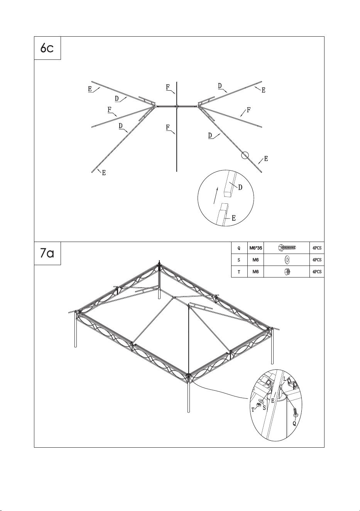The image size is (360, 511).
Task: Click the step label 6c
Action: [47, 48]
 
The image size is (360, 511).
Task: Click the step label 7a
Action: [47, 253]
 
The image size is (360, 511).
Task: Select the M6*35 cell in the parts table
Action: [255, 248]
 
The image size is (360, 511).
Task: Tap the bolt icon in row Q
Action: [287, 247]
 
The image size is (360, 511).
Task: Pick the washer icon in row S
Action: [287, 260]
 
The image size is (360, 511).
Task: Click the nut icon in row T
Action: [287, 271]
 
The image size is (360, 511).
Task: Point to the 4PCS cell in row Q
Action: [317, 248]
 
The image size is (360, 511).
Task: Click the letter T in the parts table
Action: [239, 272]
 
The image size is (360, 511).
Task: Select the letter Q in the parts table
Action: [239, 248]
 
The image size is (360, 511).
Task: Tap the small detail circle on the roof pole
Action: [245, 156]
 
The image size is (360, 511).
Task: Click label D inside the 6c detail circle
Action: [240, 188]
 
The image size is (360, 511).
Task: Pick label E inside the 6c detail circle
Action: [233, 218]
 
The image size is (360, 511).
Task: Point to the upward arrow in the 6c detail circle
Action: [216, 195]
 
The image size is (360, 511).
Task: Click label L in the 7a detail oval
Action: [285, 379]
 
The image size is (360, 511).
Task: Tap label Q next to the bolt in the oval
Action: [294, 423]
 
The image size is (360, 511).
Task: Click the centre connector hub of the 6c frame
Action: [177, 106]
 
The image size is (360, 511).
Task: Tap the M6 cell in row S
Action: [255, 260]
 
